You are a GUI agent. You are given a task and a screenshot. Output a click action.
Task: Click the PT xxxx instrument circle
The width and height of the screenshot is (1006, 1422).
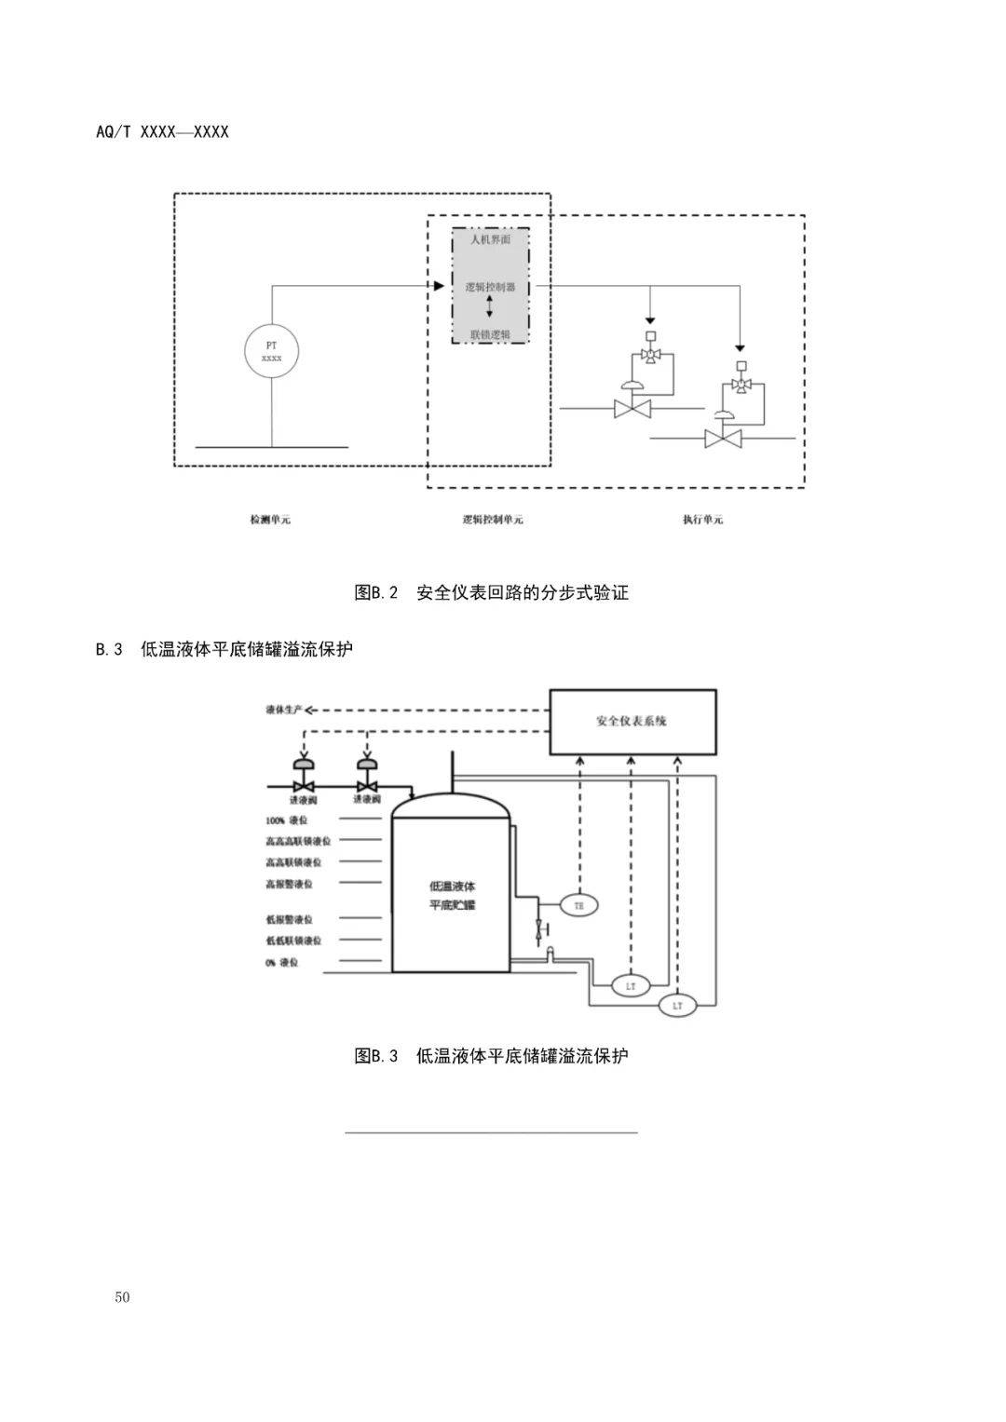click(272, 351)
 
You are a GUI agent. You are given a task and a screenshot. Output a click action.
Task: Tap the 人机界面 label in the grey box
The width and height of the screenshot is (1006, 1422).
click(490, 239)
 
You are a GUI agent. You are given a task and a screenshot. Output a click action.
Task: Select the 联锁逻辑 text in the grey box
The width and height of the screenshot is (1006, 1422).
click(490, 334)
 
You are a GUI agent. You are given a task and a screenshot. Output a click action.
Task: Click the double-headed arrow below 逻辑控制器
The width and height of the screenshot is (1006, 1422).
click(490, 308)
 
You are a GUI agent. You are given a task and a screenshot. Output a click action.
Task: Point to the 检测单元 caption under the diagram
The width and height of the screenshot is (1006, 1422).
click(270, 520)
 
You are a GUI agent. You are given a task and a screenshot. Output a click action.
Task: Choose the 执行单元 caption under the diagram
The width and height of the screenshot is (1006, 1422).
click(702, 520)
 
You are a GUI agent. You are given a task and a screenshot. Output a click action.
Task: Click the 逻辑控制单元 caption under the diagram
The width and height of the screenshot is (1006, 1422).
click(493, 520)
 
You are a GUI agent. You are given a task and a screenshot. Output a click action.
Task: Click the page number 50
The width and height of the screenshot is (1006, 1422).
click(123, 1298)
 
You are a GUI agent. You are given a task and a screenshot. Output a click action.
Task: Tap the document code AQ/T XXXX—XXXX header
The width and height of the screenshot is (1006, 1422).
click(162, 132)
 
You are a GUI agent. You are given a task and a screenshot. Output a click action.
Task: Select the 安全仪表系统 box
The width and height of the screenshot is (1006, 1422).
click(632, 722)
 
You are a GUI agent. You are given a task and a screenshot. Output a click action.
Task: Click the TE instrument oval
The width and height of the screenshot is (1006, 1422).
click(578, 904)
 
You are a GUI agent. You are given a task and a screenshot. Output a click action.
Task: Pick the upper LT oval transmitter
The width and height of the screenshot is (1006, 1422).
click(631, 984)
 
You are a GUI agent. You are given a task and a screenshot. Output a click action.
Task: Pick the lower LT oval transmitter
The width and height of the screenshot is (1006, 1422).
click(677, 1006)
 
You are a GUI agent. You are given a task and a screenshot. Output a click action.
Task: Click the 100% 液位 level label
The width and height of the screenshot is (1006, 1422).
click(286, 820)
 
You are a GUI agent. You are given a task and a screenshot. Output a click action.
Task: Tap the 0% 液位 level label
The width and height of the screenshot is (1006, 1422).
click(282, 962)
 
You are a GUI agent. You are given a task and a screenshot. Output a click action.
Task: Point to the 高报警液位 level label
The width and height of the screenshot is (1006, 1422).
click(289, 884)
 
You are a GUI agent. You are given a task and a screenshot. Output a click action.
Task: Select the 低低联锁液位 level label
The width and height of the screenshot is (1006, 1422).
click(293, 941)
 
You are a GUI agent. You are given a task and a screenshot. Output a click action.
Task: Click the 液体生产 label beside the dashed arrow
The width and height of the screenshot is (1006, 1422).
click(284, 711)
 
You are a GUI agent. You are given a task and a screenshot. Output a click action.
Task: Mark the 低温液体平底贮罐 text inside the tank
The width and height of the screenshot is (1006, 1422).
click(452, 895)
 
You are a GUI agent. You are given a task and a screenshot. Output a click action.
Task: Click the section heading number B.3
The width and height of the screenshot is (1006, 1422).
click(109, 650)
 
